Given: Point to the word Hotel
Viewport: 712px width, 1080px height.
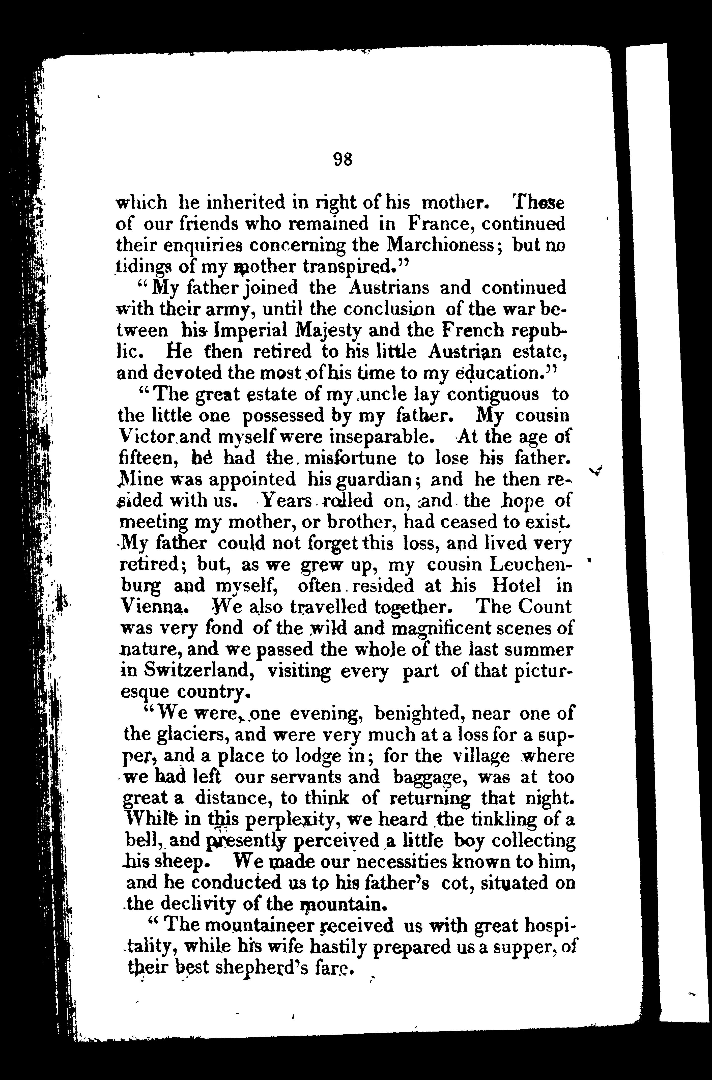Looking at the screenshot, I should [x=516, y=586].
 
